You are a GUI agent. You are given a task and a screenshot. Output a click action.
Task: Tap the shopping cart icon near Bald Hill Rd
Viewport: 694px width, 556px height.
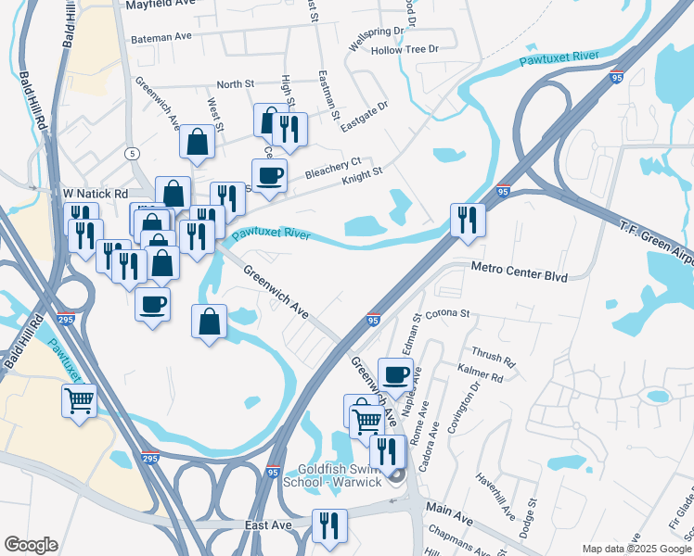click(x=79, y=401)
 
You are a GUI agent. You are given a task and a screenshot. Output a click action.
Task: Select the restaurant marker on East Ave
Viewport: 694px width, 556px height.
click(x=328, y=525)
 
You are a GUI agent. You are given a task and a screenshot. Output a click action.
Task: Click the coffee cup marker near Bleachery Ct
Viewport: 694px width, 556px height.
click(x=270, y=175)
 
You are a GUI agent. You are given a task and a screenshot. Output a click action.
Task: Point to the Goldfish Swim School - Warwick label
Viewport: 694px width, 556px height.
click(x=340, y=476)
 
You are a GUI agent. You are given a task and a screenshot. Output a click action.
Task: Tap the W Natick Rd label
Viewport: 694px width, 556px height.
click(x=94, y=194)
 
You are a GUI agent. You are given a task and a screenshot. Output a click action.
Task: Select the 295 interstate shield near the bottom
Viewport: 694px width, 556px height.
click(x=151, y=457)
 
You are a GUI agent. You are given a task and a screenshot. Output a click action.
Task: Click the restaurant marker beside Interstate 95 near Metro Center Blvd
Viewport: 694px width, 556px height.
click(x=466, y=220)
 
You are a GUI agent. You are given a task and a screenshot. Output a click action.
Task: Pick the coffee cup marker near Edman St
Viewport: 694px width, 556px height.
click(x=395, y=374)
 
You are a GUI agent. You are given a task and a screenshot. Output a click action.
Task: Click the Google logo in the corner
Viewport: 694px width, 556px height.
click(x=31, y=545)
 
